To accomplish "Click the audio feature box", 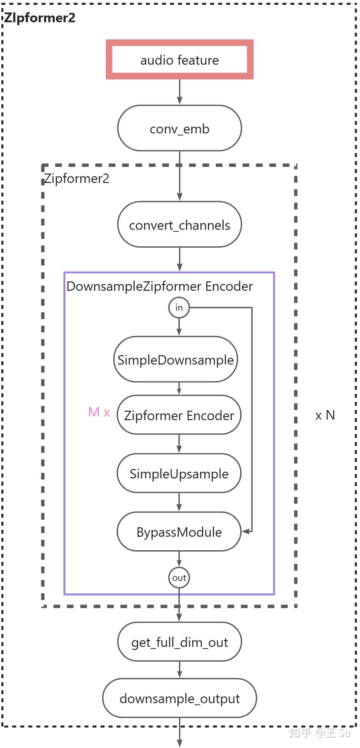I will [x=179, y=60].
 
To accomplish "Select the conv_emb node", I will [x=179, y=128].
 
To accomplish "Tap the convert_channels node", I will [x=179, y=225].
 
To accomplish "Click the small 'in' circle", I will [x=179, y=307].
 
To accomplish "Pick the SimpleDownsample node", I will [x=175, y=360].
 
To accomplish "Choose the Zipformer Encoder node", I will [x=179, y=415].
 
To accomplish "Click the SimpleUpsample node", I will [x=179, y=473].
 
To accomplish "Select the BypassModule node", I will [x=179, y=532].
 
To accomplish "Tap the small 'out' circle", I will [x=179, y=578].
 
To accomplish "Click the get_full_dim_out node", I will [x=179, y=642].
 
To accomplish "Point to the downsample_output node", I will [x=179, y=698].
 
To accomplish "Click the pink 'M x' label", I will [x=99, y=412].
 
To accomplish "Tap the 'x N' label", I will [x=325, y=415].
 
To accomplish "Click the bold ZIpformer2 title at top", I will [x=39, y=18].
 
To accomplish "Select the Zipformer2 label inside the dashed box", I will [x=77, y=178].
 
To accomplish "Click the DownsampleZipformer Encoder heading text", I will [x=159, y=286].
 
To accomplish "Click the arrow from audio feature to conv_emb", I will [x=179, y=92].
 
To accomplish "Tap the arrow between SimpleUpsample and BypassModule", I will [x=179, y=502].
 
